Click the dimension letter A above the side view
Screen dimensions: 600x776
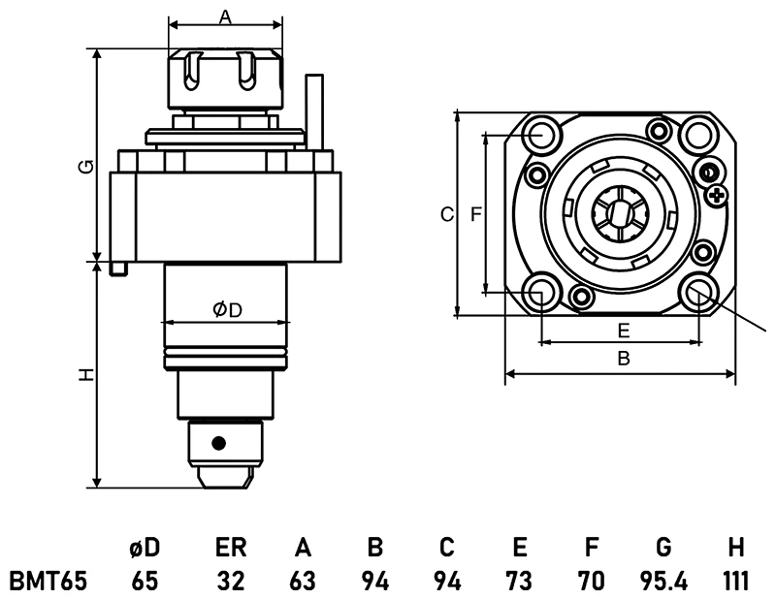pyautogui.click(x=225, y=16)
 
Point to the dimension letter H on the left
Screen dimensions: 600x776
pyautogui.click(x=86, y=374)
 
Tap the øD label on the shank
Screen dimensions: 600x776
pyautogui.click(x=226, y=309)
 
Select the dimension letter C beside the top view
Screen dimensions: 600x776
pyautogui.click(x=446, y=214)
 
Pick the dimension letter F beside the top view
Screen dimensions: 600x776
pyautogui.click(x=475, y=214)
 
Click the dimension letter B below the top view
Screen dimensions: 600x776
pyautogui.click(x=624, y=359)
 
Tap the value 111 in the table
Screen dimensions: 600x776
pyautogui.click(x=735, y=582)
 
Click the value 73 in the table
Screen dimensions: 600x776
pyautogui.click(x=519, y=582)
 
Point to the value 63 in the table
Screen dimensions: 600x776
pyautogui.click(x=303, y=582)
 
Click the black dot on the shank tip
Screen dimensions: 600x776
pyautogui.click(x=219, y=443)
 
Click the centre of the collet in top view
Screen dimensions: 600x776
pyautogui.click(x=618, y=213)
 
